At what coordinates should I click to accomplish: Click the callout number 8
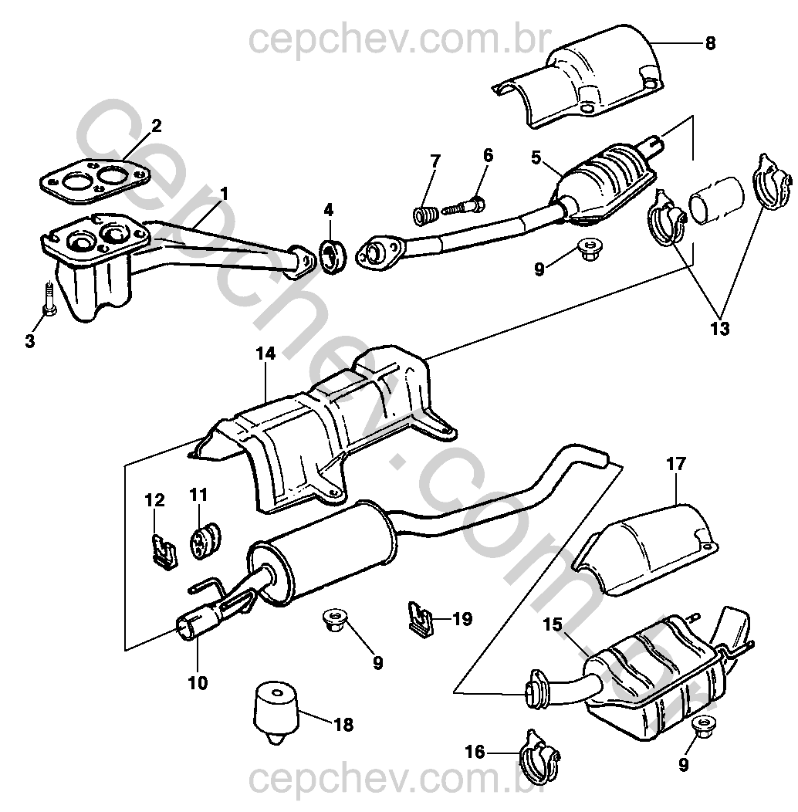[x=710, y=43]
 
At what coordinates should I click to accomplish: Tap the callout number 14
[x=265, y=354]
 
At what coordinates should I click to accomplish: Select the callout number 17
[x=676, y=464]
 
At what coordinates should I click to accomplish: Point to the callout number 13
[x=720, y=328]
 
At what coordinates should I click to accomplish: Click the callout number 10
[x=198, y=683]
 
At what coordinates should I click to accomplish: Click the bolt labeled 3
[x=48, y=299]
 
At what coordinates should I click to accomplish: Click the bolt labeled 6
[x=464, y=207]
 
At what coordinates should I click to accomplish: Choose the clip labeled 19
[x=420, y=618]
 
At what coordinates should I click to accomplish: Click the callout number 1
[x=224, y=195]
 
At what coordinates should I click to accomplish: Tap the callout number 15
[x=553, y=624]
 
